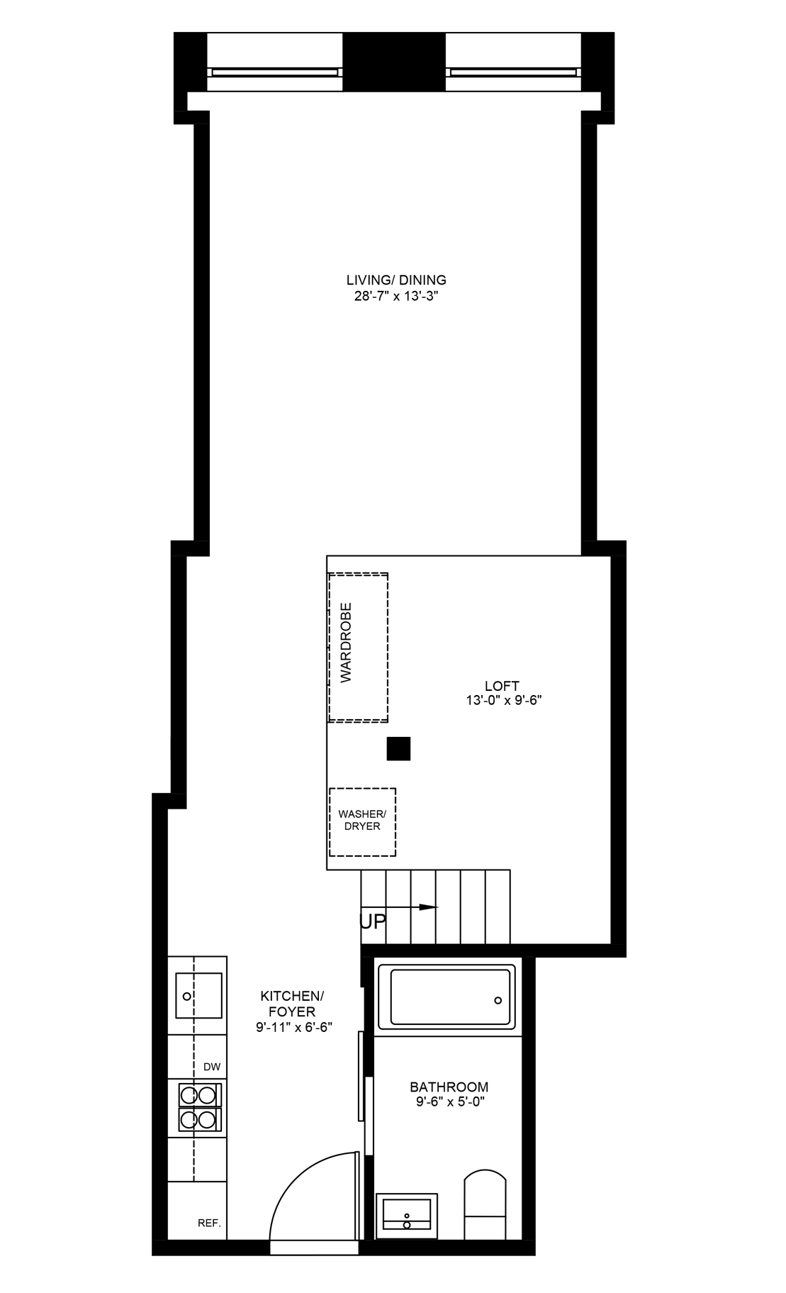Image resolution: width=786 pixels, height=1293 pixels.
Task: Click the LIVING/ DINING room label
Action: [x=396, y=279]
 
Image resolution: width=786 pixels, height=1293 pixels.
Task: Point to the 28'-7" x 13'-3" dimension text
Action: [x=397, y=296]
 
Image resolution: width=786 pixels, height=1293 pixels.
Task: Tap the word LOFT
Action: [x=502, y=686]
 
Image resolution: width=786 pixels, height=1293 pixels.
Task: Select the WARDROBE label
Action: [x=346, y=643]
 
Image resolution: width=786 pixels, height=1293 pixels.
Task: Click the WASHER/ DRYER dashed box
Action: [x=361, y=822]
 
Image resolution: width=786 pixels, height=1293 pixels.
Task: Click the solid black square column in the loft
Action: [x=398, y=749]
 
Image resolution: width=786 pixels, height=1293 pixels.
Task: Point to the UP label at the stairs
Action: [x=374, y=921]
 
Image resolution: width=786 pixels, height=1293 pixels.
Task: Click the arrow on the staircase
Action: [x=399, y=906]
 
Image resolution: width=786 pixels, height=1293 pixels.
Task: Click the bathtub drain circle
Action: [x=498, y=1000]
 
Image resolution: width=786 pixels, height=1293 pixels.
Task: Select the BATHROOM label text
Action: [x=449, y=1087]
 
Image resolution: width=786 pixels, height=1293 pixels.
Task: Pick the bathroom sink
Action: [x=407, y=1214]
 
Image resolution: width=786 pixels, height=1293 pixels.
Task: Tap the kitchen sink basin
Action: [x=198, y=996]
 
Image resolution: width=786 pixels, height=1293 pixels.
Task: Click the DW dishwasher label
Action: [x=212, y=1067]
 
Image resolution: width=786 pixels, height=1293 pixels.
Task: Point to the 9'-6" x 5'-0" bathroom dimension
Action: [x=449, y=1101]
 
